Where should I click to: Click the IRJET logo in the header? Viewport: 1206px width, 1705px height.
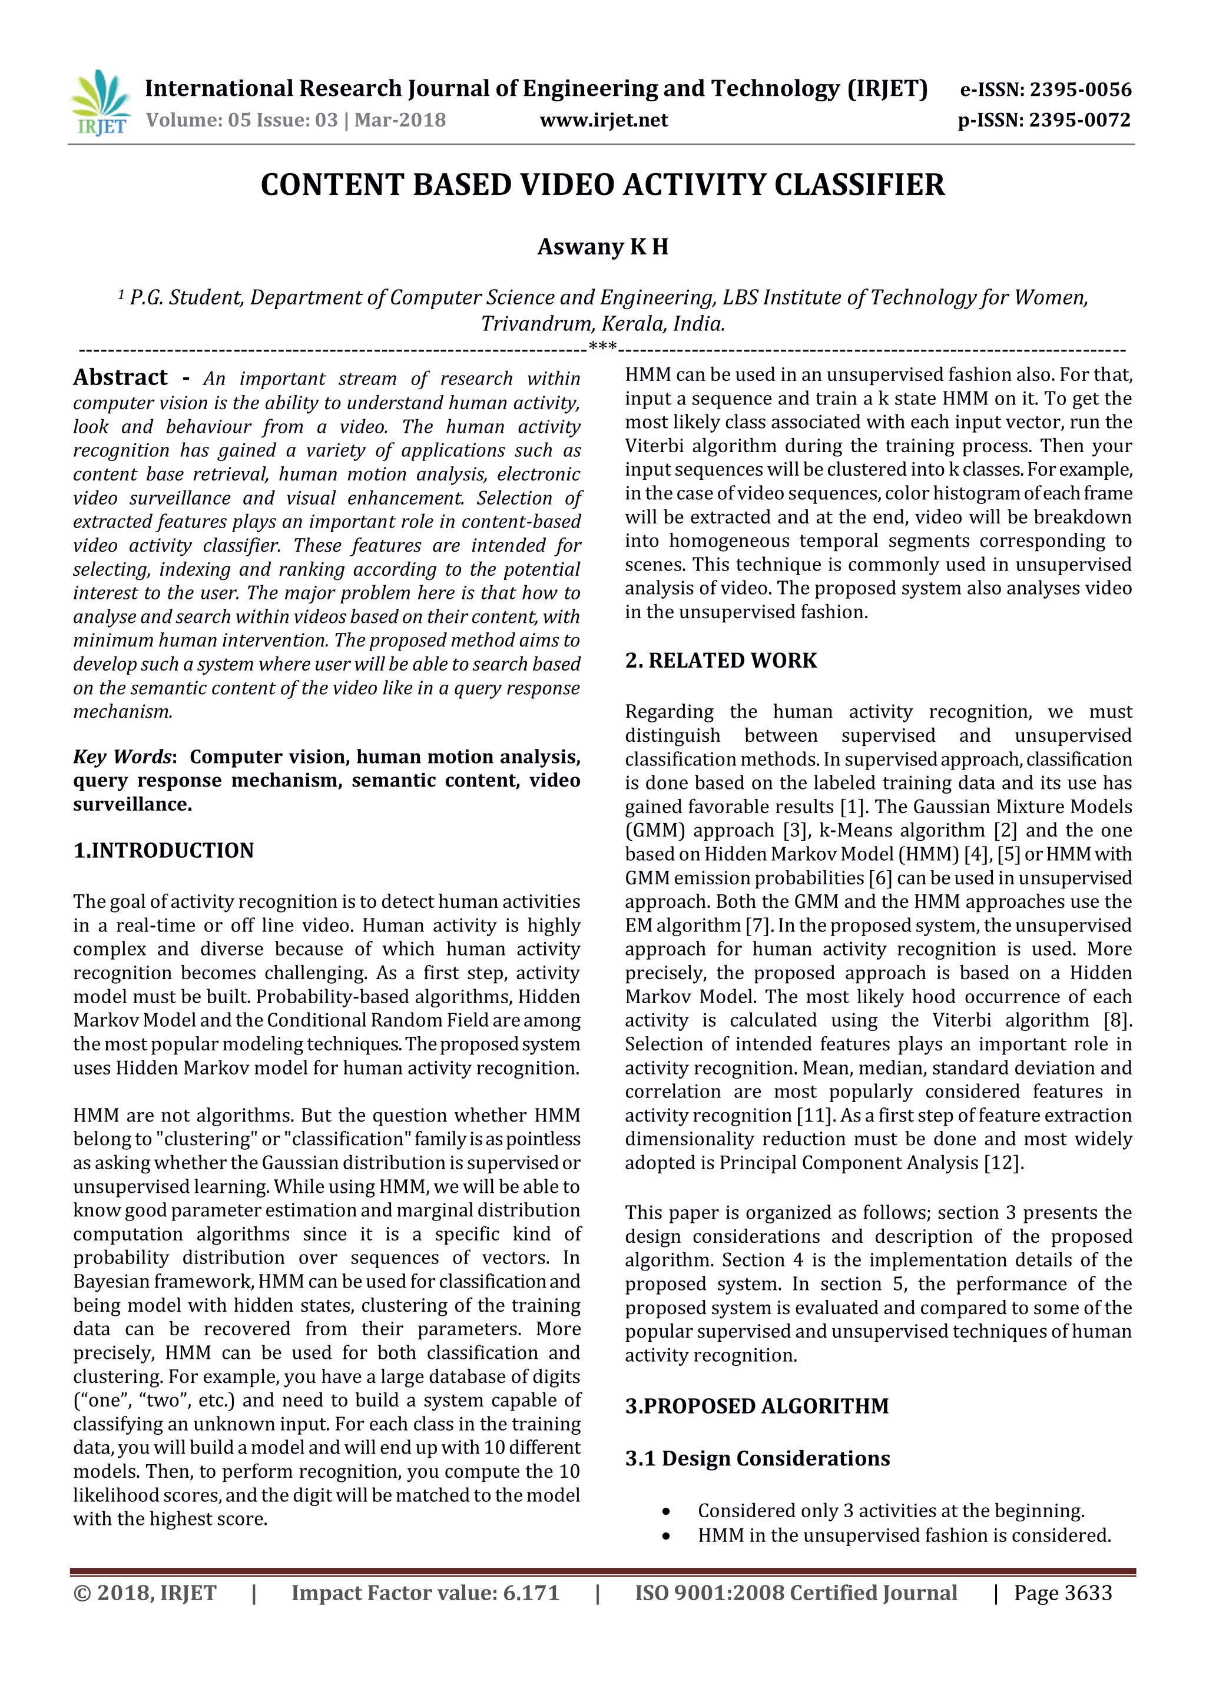coord(100,102)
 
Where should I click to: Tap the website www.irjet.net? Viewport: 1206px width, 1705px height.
coord(604,120)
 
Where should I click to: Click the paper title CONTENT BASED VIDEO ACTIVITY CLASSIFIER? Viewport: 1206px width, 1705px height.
coord(602,185)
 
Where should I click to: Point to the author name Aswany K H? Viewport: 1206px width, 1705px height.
coord(602,247)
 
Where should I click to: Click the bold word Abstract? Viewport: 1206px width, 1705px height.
coord(120,377)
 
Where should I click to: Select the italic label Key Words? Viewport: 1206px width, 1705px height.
coord(122,757)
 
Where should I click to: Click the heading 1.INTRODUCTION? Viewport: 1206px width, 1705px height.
coord(163,850)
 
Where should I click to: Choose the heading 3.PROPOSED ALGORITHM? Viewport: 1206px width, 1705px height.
coord(756,1406)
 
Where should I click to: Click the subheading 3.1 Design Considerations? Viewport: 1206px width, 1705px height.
coord(757,1458)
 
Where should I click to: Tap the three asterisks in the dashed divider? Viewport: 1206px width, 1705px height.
coord(602,346)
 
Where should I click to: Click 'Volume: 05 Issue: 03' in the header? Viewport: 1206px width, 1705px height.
coord(242,120)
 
